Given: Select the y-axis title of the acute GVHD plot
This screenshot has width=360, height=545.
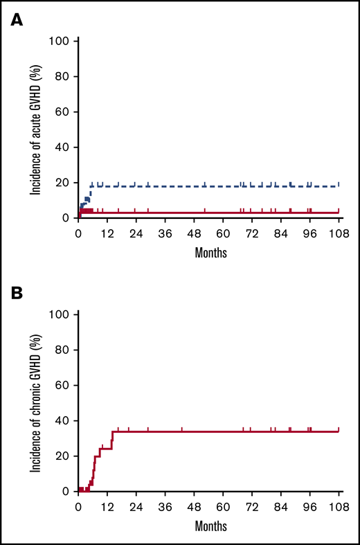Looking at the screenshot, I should tap(34, 129).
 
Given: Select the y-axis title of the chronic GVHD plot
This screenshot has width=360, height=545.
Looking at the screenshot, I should tap(34, 403).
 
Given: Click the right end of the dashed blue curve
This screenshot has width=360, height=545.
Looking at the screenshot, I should tap(339, 186).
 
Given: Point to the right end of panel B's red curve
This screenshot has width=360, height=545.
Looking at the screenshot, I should tap(339, 431).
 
